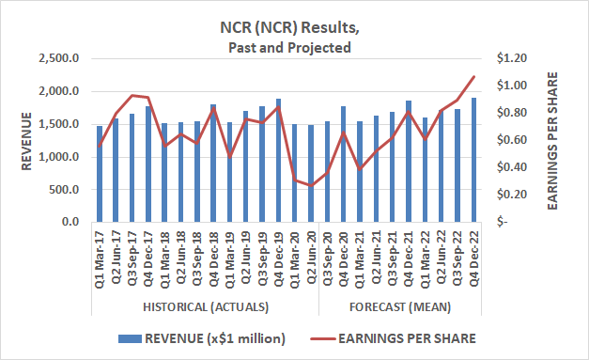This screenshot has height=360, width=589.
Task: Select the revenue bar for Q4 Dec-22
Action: [473, 160]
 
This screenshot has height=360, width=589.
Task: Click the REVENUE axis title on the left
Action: [28, 141]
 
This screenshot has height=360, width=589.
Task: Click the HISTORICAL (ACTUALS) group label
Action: [206, 307]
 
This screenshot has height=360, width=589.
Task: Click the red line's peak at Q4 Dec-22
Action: [473, 77]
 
